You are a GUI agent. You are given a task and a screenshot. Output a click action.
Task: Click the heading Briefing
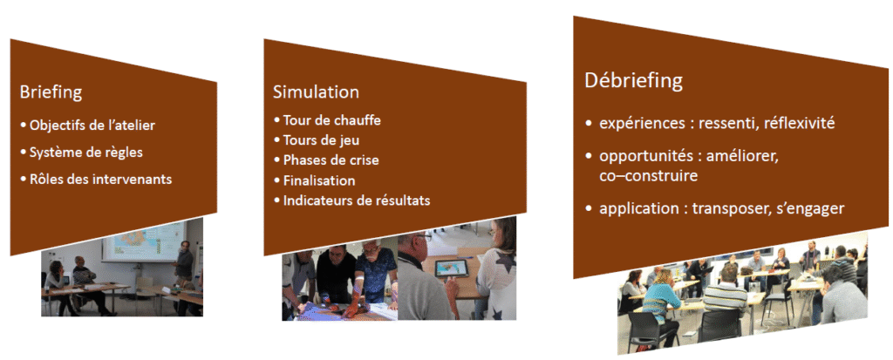click(51, 92)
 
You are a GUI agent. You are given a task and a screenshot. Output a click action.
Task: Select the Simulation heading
click(316, 92)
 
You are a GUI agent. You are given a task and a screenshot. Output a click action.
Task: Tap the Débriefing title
click(633, 80)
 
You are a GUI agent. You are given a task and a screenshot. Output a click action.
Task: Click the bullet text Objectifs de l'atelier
click(92, 126)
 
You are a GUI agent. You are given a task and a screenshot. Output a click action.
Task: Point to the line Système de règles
click(86, 153)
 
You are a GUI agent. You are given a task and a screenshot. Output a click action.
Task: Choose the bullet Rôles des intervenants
click(101, 179)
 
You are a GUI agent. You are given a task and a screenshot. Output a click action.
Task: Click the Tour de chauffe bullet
click(332, 120)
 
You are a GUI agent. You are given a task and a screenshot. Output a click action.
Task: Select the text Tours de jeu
click(321, 140)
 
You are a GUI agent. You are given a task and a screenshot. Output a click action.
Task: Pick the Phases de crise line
click(331, 160)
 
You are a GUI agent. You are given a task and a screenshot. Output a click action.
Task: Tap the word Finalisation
click(319, 180)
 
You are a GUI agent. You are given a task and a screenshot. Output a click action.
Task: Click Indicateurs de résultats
click(357, 200)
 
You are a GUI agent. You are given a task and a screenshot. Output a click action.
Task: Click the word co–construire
click(648, 176)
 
